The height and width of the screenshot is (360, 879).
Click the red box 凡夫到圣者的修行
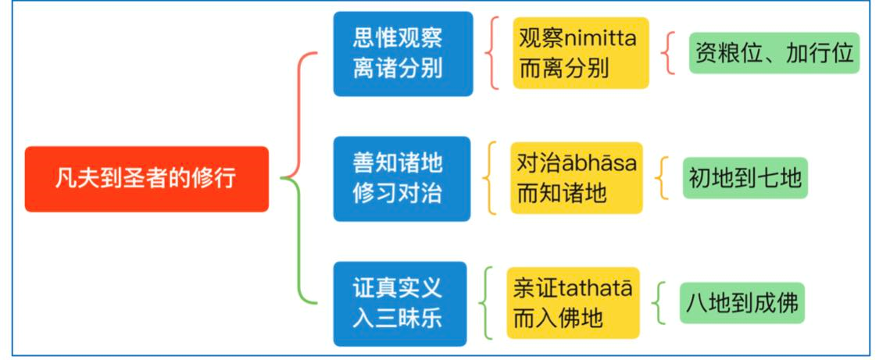[x=146, y=179]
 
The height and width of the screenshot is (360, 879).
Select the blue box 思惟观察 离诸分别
[x=403, y=54]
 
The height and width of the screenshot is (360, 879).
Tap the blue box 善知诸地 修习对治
[x=402, y=179]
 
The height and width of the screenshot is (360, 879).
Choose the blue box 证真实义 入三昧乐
[x=400, y=304]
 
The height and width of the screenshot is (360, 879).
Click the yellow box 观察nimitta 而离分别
[x=581, y=53]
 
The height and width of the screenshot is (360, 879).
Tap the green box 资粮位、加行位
[x=774, y=52]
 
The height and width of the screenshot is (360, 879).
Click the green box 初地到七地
[x=745, y=178]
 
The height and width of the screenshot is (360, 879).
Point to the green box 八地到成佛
[x=742, y=303]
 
